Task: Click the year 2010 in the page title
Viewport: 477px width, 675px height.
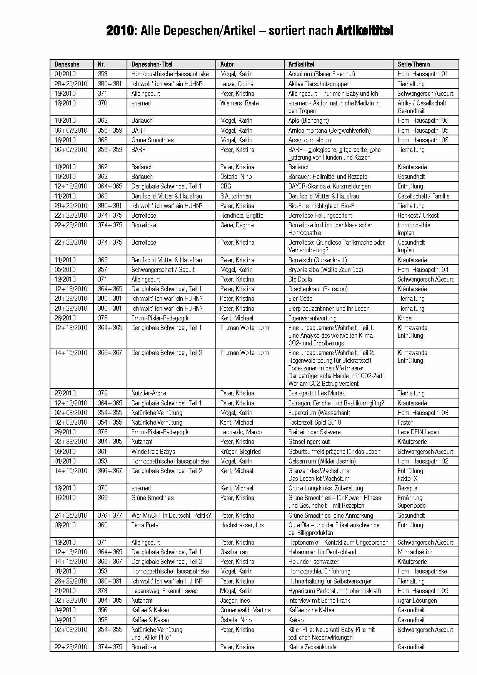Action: tap(120, 31)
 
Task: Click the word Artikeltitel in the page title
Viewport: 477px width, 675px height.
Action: tap(364, 31)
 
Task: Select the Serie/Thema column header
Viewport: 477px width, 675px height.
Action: tap(414, 64)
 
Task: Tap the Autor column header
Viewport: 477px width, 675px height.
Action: tap(227, 64)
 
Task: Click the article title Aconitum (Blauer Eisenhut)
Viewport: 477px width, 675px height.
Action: tap(322, 74)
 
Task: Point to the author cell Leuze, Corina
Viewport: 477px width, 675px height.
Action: tap(237, 84)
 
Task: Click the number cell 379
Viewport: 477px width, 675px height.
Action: tap(103, 393)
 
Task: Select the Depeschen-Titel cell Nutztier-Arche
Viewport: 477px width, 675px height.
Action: tap(149, 393)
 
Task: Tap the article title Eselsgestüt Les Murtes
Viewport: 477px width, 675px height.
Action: tap(317, 393)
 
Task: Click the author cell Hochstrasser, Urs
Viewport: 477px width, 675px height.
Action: tap(242, 525)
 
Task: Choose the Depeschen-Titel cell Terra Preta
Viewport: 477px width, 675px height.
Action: tap(145, 525)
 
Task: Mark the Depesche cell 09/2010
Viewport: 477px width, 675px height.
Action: tap(65, 452)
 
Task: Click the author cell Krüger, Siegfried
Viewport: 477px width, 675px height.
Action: tap(240, 452)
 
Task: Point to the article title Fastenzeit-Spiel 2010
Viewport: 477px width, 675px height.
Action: tap(315, 422)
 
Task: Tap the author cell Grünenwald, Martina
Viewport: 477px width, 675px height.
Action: tap(245, 610)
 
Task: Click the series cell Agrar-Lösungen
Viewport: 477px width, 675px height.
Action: tap(417, 600)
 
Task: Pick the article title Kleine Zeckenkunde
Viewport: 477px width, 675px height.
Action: tap(312, 647)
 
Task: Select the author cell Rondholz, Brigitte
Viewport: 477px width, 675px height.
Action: tap(242, 215)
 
